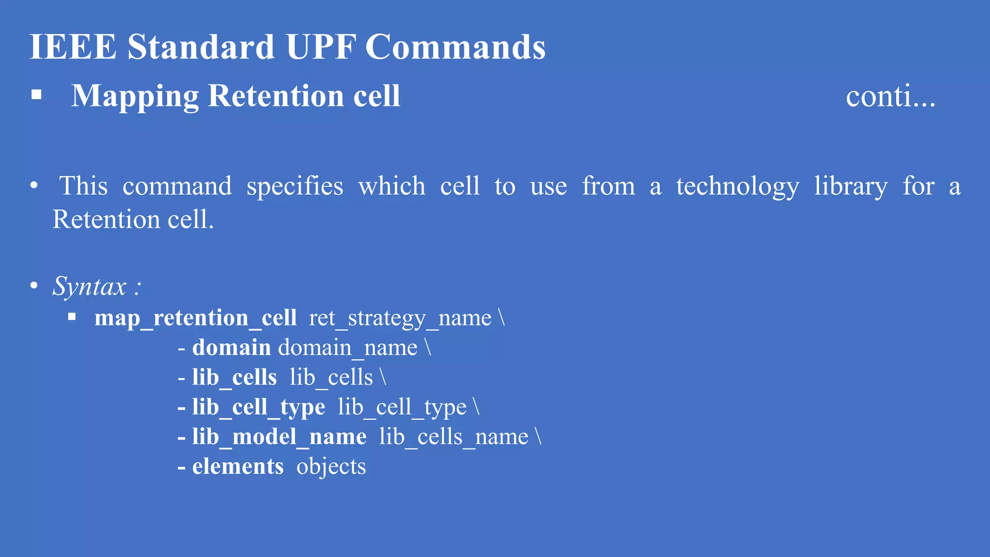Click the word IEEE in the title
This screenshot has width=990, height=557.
[73, 47]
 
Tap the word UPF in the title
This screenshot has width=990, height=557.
[320, 47]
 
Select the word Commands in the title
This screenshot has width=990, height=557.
[455, 47]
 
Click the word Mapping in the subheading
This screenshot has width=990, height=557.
[135, 96]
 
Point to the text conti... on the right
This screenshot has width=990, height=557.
[890, 96]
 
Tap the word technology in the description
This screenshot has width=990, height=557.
[737, 187]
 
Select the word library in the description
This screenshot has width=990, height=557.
[851, 187]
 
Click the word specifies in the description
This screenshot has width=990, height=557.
[295, 187]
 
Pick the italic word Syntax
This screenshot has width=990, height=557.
[89, 286]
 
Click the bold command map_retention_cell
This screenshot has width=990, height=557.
[196, 318]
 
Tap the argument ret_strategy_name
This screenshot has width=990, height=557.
[400, 318]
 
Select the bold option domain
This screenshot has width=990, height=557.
[232, 348]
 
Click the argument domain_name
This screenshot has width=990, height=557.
[348, 348]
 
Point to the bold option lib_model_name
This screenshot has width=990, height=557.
[279, 437]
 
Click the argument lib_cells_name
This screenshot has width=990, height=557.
[453, 437]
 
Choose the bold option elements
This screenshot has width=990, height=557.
[238, 467]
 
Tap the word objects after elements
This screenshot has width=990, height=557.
[331, 467]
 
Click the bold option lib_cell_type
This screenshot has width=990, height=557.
[258, 407]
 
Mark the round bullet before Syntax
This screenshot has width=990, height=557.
[34, 285]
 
